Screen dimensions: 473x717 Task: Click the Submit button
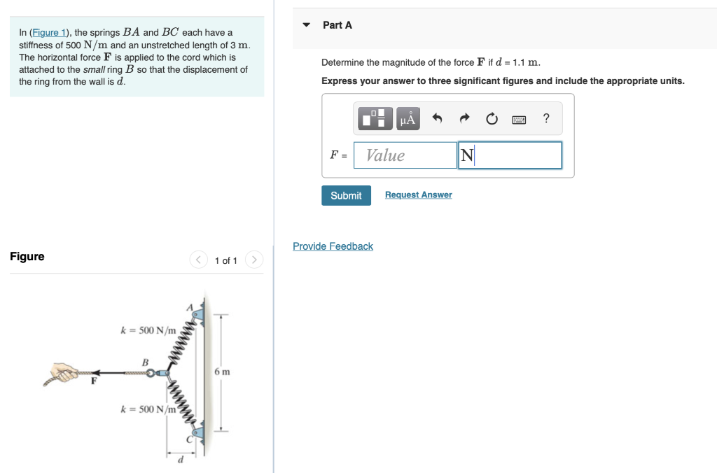(346, 195)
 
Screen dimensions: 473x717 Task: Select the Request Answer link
(418, 195)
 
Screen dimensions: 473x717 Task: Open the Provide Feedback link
(333, 246)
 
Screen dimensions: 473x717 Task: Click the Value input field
(405, 155)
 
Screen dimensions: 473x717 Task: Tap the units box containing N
(510, 155)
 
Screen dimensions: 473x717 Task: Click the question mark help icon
(546, 119)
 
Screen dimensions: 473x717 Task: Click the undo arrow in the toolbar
(438, 119)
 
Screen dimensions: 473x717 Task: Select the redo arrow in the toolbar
(464, 119)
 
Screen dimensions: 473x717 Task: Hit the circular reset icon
(492, 119)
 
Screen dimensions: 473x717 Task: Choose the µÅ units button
(408, 119)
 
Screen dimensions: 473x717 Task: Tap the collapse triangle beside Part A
(306, 25)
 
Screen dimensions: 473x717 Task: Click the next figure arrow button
(255, 260)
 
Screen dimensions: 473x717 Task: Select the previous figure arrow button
(199, 260)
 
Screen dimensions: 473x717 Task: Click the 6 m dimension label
(222, 372)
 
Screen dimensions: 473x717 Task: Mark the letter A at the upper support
(188, 306)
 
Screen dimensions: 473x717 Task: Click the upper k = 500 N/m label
(148, 330)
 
